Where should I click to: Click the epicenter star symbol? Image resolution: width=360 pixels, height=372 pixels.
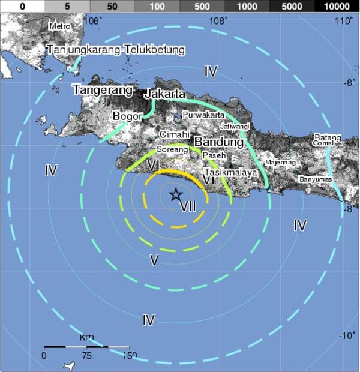tap(176, 194)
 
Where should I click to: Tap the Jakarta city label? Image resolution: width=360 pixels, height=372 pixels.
tap(164, 94)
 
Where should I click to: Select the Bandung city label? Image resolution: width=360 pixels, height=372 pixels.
tap(218, 143)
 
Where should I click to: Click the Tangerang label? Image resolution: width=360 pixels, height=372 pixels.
tap(102, 90)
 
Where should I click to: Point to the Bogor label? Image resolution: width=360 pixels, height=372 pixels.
tap(127, 116)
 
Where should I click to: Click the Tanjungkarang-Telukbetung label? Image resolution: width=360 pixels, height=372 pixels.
tap(116, 49)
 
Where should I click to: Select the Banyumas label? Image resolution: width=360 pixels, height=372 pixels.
tap(315, 179)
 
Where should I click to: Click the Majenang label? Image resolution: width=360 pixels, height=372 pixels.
tap(281, 162)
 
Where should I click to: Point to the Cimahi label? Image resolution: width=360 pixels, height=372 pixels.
tap(174, 134)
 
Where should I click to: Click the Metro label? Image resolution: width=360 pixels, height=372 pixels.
tap(60, 26)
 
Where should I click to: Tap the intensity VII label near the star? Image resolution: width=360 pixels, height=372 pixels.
tap(188, 206)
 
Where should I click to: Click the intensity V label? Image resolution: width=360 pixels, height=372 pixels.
tap(154, 259)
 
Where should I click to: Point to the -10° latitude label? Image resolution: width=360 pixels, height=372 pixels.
tap(347, 335)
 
